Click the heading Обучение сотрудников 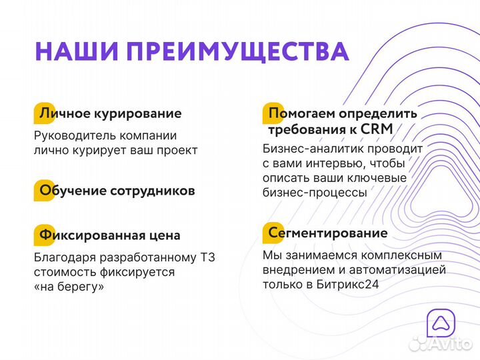[117, 191]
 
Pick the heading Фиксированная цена [110, 235]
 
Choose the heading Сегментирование [327, 233]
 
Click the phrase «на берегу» [69, 287]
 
